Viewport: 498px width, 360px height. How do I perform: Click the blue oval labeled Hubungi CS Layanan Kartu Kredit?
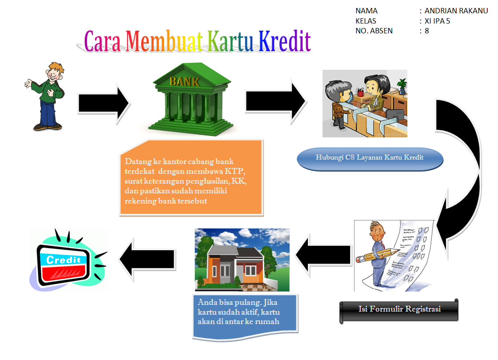point(370,158)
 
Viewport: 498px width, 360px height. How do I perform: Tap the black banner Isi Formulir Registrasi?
point(399,309)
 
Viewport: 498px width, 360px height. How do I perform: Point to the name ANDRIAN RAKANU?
point(456,11)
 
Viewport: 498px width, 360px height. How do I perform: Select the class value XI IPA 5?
point(437,21)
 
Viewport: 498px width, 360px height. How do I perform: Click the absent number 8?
point(426,31)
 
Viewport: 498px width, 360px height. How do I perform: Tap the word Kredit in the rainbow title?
point(284,42)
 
